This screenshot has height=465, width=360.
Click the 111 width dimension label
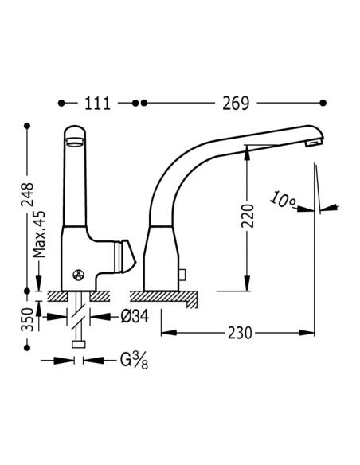[97, 104]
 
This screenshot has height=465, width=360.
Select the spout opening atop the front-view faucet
[74, 141]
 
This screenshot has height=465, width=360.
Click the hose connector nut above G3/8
[78, 344]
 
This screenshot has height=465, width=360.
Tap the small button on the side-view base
[182, 276]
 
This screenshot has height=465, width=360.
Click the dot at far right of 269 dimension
[323, 103]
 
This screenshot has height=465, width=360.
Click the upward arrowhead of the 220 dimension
[247, 148]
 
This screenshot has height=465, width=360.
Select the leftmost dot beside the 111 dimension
[62, 103]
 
